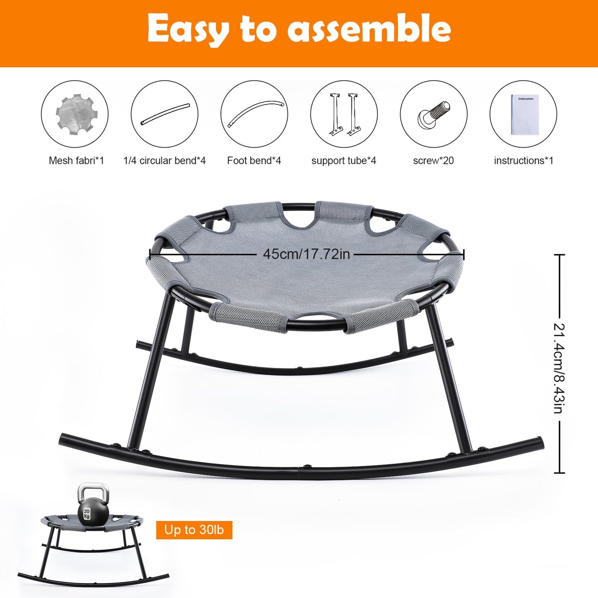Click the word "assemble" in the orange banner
pos(369,29)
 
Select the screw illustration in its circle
pos(434,114)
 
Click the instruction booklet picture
pos(525,115)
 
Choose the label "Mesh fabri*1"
pos(76,161)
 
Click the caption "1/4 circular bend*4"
pos(164,161)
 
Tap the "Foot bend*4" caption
pos(254,161)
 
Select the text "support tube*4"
pos(344,161)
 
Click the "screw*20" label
pos(433,161)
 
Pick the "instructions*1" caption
pos(524,161)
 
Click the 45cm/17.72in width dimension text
pos(307,254)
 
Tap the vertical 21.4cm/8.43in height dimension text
pos(559,368)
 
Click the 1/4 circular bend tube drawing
pos(165,114)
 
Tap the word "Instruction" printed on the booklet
pos(526,98)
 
